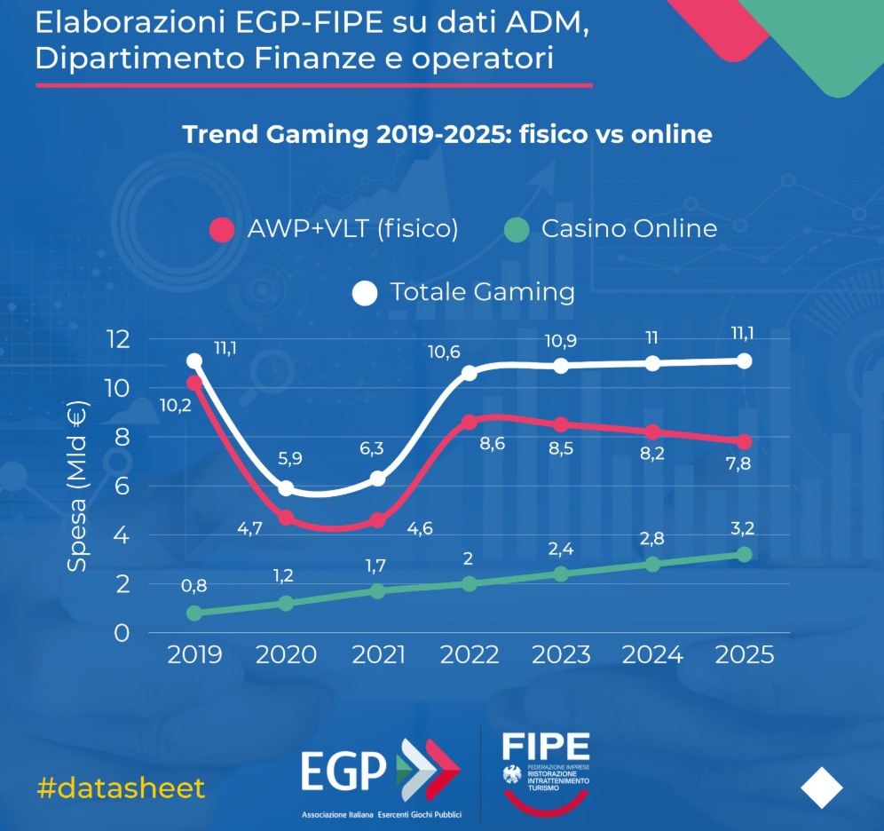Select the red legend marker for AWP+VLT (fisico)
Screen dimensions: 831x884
pos(221,230)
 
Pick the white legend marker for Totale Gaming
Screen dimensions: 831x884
pos(365,293)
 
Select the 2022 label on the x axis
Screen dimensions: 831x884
pos(470,655)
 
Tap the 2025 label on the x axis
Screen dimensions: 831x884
pos(744,655)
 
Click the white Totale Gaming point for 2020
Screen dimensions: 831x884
pos(286,488)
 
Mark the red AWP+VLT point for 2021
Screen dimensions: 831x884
pos(378,520)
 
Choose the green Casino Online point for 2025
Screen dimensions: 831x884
pos(744,554)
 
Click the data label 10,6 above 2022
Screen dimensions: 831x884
pos(444,352)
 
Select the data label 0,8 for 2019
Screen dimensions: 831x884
pos(193,587)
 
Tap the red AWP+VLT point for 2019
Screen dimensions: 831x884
pos(194,383)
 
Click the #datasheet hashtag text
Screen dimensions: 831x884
pos(122,787)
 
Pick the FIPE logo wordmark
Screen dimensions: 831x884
pos(545,743)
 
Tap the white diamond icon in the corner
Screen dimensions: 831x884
pos(822,787)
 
